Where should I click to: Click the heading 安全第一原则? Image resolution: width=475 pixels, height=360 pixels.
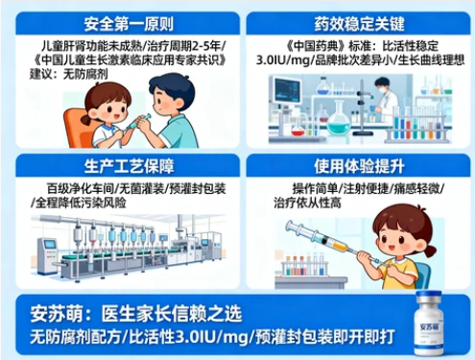pos(129,24)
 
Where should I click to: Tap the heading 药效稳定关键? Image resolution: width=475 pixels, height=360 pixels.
pos(359,24)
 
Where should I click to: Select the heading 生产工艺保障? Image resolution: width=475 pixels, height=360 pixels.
pos(129,166)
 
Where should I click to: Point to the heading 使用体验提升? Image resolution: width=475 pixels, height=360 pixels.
pos(359,166)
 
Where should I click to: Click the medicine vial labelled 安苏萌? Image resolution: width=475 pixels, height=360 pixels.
pos(429,324)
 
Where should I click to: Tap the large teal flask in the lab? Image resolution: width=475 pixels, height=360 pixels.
pos(339,119)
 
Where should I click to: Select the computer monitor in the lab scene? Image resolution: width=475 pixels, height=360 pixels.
pos(287,88)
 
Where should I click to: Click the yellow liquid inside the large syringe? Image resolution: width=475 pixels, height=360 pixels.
pos(339,246)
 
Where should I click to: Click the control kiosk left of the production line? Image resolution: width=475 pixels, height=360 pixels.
pos(47,256)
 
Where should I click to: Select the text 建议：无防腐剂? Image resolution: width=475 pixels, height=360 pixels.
pos(69,74)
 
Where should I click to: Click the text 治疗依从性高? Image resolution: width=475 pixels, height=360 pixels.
pos(307,203)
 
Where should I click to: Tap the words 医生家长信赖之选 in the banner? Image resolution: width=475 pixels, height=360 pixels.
pos(172,313)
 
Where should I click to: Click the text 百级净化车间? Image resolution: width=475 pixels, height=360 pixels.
pos(81,188)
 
